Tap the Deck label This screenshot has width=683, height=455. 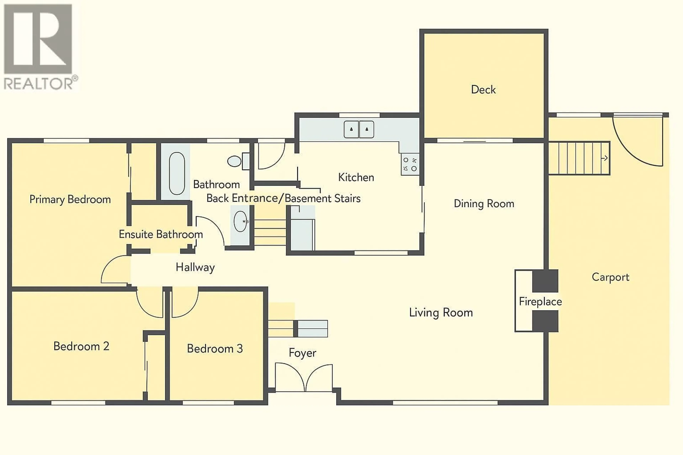(x=483, y=90)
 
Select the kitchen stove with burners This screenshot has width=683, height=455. (x=410, y=164)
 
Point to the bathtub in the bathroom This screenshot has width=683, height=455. (x=177, y=173)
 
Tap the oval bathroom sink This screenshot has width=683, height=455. (x=240, y=221)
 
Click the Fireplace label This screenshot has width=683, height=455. (x=540, y=301)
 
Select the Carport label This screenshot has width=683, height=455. (x=610, y=277)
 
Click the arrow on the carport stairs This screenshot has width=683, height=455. (x=604, y=158)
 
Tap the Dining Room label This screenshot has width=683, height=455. (x=484, y=204)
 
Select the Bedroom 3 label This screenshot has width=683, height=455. (x=215, y=349)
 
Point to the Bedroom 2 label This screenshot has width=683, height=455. (x=81, y=346)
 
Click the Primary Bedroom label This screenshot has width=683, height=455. (x=70, y=200)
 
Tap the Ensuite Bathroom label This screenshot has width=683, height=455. (x=161, y=234)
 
